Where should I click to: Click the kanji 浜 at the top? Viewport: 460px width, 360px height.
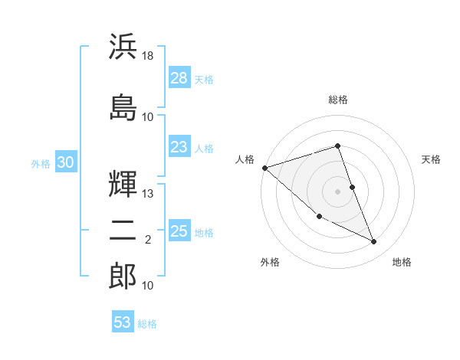click(123, 47)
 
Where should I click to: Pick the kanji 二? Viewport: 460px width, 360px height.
click(123, 234)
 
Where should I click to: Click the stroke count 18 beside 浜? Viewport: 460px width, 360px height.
click(149, 57)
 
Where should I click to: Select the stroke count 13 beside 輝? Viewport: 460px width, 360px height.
click(149, 194)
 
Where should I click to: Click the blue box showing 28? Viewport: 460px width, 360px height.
click(179, 77)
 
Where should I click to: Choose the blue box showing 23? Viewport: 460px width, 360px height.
click(179, 147)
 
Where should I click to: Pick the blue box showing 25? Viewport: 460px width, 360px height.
click(179, 231)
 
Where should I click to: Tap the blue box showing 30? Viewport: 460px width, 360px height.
click(65, 162)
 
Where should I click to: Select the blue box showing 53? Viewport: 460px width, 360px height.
click(123, 322)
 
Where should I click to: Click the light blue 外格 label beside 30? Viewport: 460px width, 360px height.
click(41, 163)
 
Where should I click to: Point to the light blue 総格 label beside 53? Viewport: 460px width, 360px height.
click(147, 324)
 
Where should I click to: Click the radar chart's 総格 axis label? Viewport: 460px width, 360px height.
click(338, 100)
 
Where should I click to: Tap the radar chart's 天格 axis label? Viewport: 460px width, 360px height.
click(432, 159)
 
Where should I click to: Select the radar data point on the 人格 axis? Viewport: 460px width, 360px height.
click(264, 167)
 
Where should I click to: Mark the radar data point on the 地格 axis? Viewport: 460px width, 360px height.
click(373, 242)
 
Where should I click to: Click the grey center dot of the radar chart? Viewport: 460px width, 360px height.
click(338, 191)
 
